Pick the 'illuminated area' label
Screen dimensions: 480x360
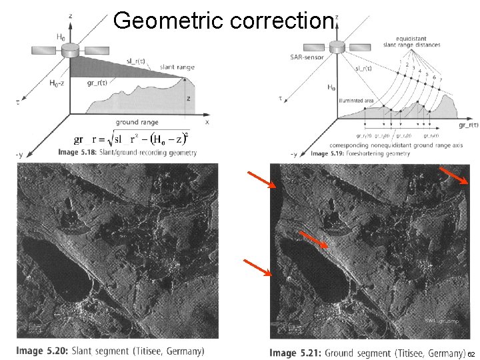pyautogui.click(x=356, y=101)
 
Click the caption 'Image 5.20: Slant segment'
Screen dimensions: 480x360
pyautogui.click(x=111, y=351)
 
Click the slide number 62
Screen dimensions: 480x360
pyautogui.click(x=471, y=353)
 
